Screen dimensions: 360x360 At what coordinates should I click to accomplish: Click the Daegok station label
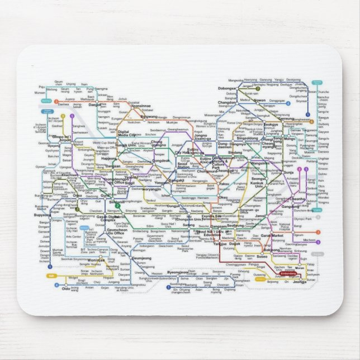(94, 104)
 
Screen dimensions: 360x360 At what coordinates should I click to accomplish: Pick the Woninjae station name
(96, 259)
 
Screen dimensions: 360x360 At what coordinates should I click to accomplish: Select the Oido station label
(66, 288)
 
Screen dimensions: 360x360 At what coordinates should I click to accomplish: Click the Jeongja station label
(300, 282)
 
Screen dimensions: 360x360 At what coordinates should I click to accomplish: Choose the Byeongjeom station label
(179, 272)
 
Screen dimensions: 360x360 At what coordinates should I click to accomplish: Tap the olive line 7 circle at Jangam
(258, 88)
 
